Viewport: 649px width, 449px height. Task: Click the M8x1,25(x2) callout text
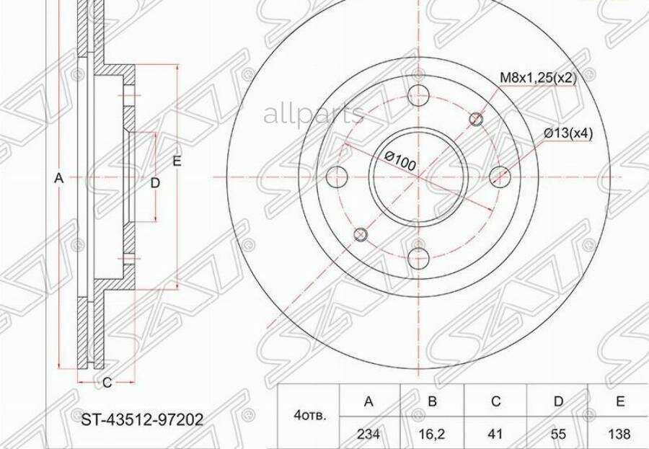click(538, 78)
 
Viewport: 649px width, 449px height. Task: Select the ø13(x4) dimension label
click(568, 133)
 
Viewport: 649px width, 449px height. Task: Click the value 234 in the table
click(368, 434)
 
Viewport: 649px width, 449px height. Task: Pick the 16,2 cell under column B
click(432, 434)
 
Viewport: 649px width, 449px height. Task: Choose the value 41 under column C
click(495, 434)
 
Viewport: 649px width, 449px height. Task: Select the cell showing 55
click(557, 434)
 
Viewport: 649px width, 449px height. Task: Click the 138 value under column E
click(619, 434)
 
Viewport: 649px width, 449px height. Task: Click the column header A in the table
click(368, 401)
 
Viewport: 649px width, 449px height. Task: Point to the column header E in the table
click(619, 401)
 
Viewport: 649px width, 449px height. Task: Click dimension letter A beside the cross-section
click(60, 178)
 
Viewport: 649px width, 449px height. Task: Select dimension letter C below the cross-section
click(107, 383)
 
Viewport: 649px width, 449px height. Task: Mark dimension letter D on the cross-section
click(155, 183)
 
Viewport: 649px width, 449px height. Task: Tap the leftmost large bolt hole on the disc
click(337, 177)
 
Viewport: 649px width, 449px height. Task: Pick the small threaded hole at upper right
click(477, 119)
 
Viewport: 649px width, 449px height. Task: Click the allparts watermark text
click(314, 113)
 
